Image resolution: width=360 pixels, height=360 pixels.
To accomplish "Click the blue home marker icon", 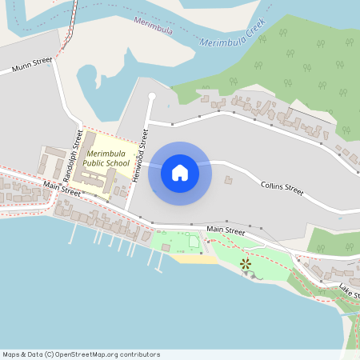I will point(180,172).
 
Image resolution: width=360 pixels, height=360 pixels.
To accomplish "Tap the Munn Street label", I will point(32,65).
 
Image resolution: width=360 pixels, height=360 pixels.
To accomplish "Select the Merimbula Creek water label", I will point(231,36).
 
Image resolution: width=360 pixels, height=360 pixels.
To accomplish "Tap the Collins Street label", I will point(282,189).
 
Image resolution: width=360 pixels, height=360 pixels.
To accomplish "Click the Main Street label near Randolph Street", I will point(62,189).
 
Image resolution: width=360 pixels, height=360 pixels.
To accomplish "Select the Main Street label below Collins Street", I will point(225,230).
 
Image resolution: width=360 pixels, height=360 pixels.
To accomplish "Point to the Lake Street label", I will point(350,289).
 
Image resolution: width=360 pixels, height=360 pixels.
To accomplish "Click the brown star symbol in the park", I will point(246,262).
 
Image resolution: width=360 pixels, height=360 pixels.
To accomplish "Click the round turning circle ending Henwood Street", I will point(152,97).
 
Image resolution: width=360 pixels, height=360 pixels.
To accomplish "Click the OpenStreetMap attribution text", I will point(81,354).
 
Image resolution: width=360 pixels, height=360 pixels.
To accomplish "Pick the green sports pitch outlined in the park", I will point(193,242).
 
